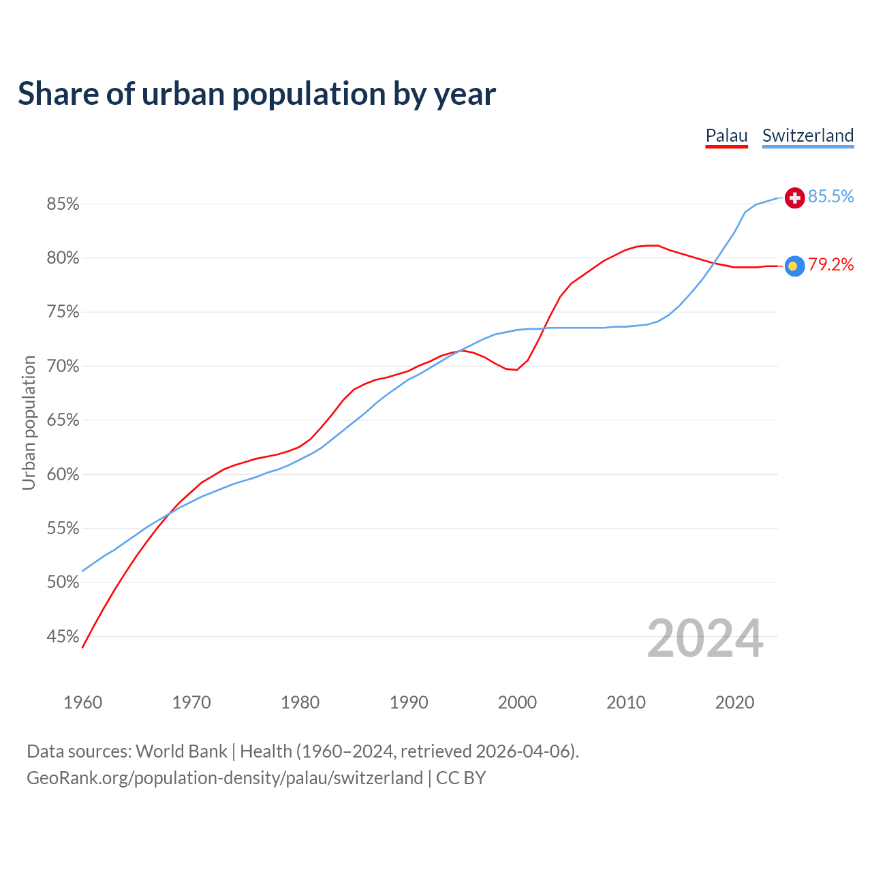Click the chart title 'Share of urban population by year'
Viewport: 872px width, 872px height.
click(257, 93)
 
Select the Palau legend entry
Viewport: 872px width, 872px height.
click(726, 136)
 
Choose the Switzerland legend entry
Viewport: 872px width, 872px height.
click(808, 136)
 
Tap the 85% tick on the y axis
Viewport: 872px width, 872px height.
click(63, 204)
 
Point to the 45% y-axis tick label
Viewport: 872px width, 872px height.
click(63, 636)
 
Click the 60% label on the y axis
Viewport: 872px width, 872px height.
click(63, 474)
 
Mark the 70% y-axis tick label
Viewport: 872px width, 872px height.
click(63, 366)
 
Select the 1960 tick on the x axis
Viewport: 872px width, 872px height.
click(83, 702)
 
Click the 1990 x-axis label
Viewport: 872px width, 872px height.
click(409, 702)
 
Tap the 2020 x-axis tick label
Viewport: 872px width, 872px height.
click(734, 702)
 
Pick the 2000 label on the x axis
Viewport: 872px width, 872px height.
click(517, 702)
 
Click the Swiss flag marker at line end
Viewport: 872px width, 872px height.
click(794, 198)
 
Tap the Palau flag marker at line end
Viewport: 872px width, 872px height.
click(794, 266)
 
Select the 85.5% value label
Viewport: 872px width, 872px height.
click(830, 197)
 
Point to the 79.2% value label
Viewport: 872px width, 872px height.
click(830, 265)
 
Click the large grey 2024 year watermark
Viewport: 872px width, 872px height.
click(705, 638)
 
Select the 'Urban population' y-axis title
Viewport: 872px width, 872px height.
click(29, 422)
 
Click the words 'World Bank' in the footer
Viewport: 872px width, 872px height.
click(181, 751)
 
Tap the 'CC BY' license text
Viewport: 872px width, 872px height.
click(461, 778)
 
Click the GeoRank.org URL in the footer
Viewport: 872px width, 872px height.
click(225, 778)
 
